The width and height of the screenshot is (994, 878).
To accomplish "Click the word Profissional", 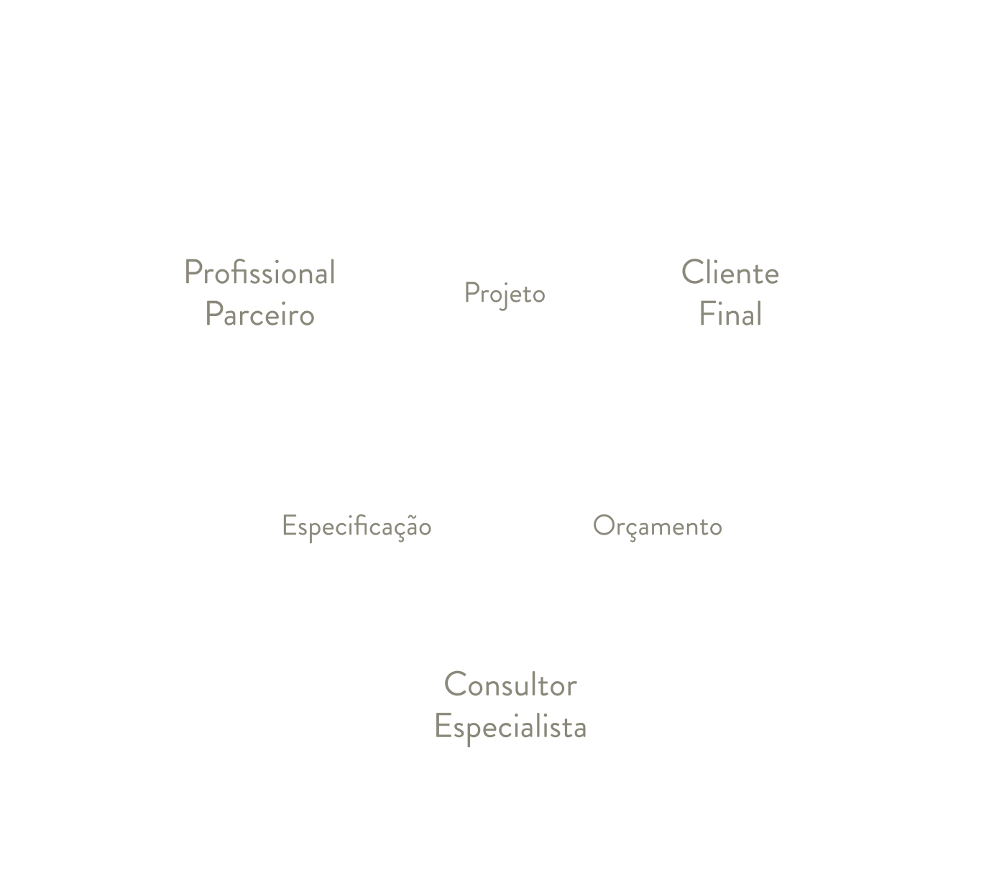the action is point(259,272).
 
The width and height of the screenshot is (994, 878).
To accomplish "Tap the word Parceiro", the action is point(259,314).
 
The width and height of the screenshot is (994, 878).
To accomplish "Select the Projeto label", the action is point(505,295).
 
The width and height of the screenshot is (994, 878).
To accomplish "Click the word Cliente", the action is point(730,272).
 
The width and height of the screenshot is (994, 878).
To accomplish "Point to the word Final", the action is point(730,314).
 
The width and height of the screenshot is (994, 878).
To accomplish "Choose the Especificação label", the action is point(356,527).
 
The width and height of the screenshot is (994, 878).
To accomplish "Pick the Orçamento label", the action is point(658,527).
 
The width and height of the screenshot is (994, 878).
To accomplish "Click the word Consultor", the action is point(510,684).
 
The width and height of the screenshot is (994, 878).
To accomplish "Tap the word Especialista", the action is point(510,727).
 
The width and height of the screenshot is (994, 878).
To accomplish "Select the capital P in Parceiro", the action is point(214,314).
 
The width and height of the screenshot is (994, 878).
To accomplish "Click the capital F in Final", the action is point(707,314).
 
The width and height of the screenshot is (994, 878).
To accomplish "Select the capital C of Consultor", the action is point(456,684).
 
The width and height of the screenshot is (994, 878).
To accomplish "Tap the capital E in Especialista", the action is point(443,726).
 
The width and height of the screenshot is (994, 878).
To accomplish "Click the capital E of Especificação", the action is point(289,525).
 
